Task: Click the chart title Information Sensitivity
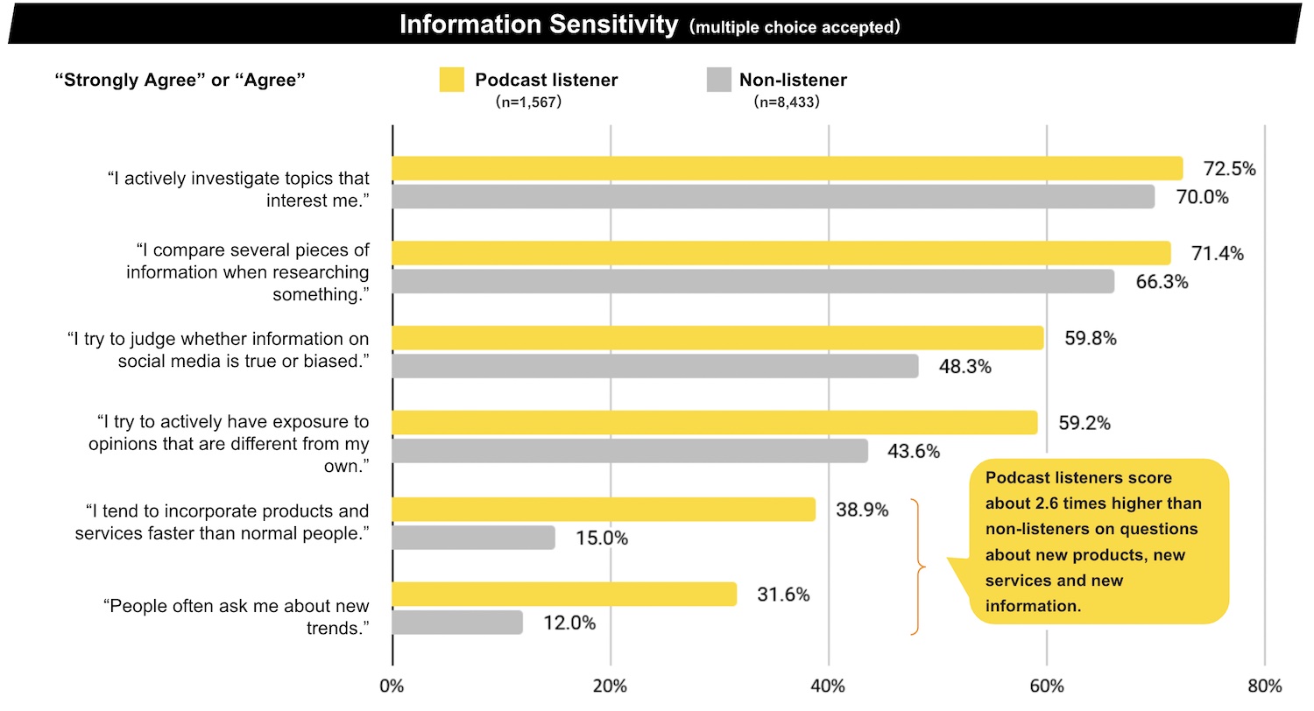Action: click(538, 24)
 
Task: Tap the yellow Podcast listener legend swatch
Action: click(451, 80)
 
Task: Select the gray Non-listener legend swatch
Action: click(718, 80)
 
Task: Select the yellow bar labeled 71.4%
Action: click(781, 253)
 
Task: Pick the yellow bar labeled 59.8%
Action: click(717, 338)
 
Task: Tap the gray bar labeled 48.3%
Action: click(654, 366)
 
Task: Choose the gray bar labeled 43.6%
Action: click(629, 451)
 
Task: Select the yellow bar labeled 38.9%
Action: click(603, 510)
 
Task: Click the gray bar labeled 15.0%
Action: click(473, 538)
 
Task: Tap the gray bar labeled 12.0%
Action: click(456, 623)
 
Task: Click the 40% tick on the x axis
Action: click(828, 686)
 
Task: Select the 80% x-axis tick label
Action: click(1264, 686)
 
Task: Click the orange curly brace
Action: click(916, 567)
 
